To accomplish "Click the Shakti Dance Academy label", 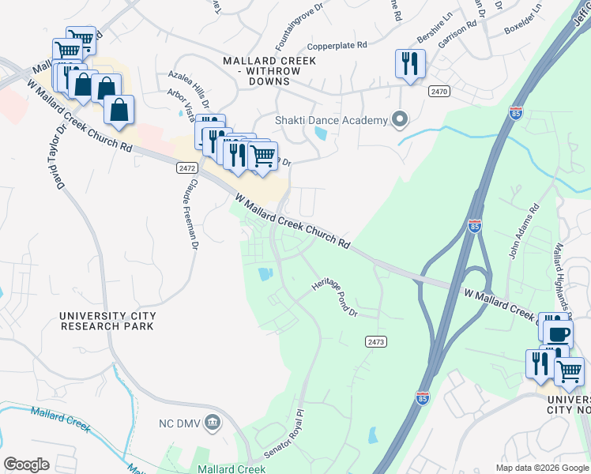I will (x=331, y=120).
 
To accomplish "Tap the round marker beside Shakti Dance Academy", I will (x=401, y=120).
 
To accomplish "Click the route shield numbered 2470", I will (x=439, y=92).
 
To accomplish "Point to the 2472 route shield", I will (x=186, y=168).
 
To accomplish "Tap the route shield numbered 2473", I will (x=376, y=341).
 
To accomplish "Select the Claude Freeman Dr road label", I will (x=189, y=213).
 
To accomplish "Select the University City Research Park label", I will (x=107, y=321).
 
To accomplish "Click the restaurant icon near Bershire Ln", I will (x=410, y=64).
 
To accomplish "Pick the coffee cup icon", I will (x=558, y=333).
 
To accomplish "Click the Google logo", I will (x=26, y=465).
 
